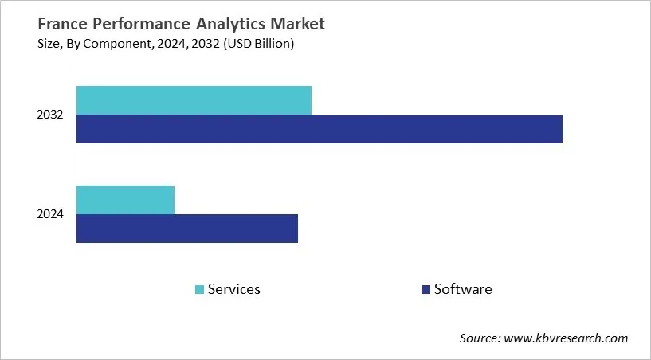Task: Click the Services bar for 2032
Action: point(194,100)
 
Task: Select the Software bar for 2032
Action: point(319,129)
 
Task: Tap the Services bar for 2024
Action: point(125,199)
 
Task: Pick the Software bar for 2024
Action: point(186,229)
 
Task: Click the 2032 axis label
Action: point(50,115)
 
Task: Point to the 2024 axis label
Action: point(50,214)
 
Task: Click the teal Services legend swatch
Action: point(198,289)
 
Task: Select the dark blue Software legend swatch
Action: point(426,289)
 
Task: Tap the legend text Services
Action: point(233,289)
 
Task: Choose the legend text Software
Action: point(462,289)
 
